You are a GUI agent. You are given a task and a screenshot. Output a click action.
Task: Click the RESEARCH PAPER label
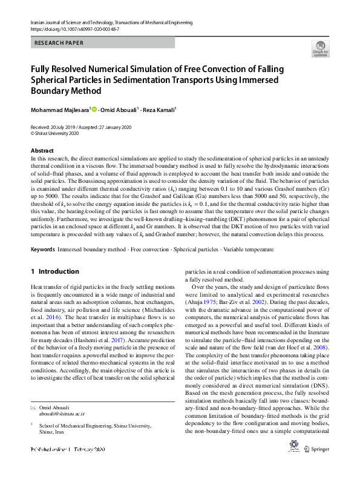[x=59, y=43]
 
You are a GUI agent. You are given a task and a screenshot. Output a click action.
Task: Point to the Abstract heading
[x=42, y=150]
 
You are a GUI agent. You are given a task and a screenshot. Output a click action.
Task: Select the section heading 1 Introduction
[x=54, y=272]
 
